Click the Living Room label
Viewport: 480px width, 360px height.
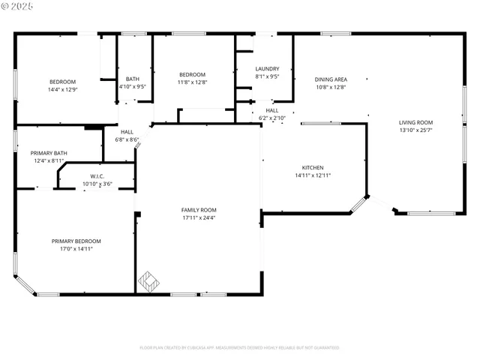[x=415, y=122]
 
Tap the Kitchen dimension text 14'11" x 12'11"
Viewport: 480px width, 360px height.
[x=313, y=175]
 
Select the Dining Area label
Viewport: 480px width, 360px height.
[x=330, y=79]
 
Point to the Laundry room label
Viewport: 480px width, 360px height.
[x=267, y=69]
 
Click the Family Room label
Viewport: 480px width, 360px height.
[x=199, y=210]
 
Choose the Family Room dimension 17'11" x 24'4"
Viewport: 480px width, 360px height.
[x=199, y=218]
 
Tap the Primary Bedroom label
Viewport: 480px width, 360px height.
[x=76, y=241]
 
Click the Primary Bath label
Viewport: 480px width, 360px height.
[x=49, y=153]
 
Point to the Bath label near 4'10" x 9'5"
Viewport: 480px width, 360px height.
[x=132, y=79]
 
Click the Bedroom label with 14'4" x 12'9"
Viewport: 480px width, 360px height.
[x=62, y=82]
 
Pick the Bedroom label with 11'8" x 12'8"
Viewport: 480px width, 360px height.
[x=192, y=74]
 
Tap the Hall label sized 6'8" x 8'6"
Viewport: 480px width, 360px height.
[x=127, y=132]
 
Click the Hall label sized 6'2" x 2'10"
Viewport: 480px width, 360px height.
[x=271, y=110]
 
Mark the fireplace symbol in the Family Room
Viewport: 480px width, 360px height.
[x=148, y=282]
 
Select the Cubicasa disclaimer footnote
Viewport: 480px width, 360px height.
[x=239, y=347]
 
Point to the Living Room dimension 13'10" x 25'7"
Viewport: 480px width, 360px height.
[x=415, y=130]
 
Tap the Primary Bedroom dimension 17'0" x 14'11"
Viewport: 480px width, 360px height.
[x=76, y=249]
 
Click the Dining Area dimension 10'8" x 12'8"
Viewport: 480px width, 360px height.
[x=330, y=87]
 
